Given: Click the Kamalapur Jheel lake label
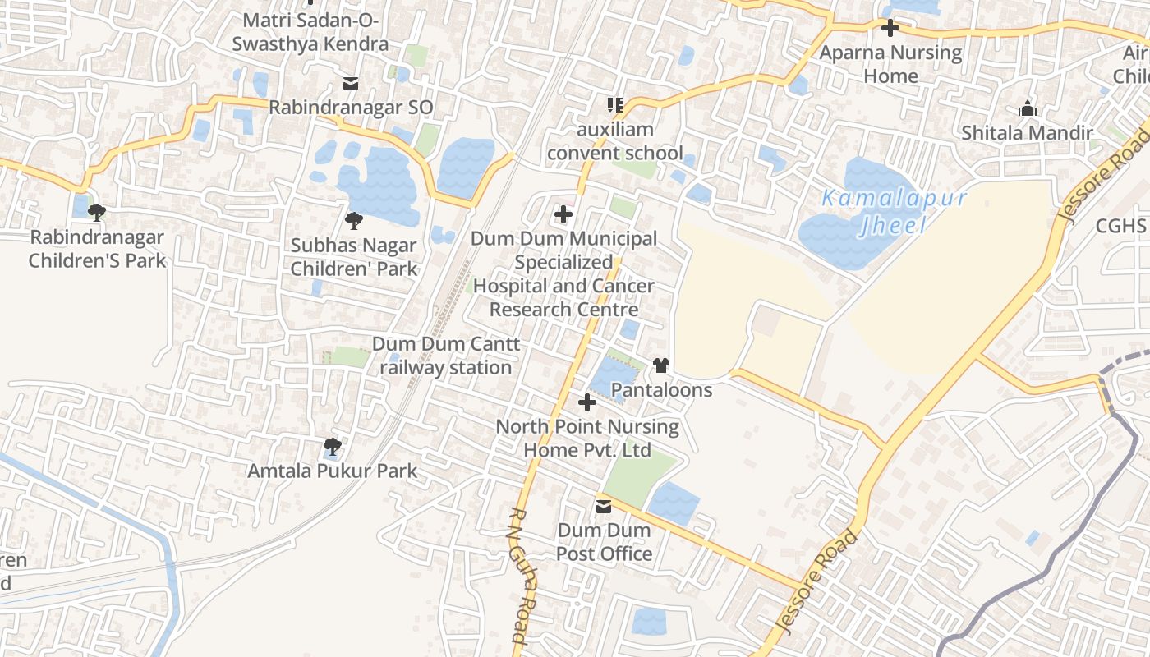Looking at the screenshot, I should click(x=894, y=212).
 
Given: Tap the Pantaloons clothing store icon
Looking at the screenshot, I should click(x=661, y=365).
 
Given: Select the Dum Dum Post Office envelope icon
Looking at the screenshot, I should click(x=604, y=507).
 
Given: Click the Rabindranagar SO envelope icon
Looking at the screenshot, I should click(x=351, y=84).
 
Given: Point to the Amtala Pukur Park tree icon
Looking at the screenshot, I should click(x=332, y=447).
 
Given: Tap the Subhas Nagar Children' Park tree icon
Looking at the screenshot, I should click(x=354, y=220).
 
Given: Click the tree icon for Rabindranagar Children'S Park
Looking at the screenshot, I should click(x=97, y=213).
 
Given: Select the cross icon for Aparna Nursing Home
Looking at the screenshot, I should click(x=890, y=28).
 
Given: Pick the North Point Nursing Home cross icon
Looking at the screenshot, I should click(x=587, y=402).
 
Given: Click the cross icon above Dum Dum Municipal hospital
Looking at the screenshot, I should click(x=563, y=214).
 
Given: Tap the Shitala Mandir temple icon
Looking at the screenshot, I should click(x=1027, y=108).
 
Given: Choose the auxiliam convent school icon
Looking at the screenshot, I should click(x=614, y=105).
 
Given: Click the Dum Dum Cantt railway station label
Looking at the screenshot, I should click(x=446, y=356).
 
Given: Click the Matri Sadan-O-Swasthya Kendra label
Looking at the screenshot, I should click(x=310, y=31).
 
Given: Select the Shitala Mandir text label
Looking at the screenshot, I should click(x=1027, y=132).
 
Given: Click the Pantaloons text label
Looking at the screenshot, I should click(x=662, y=389).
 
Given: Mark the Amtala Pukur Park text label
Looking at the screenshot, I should click(x=333, y=471).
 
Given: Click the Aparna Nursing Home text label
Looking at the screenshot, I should click(x=891, y=64).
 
